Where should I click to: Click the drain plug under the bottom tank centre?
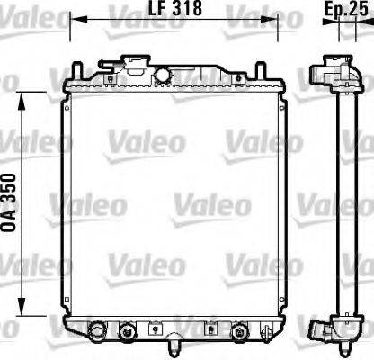tap(171, 344)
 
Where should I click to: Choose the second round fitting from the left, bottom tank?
tap(126, 332)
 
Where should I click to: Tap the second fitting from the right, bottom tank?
tap(239, 332)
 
